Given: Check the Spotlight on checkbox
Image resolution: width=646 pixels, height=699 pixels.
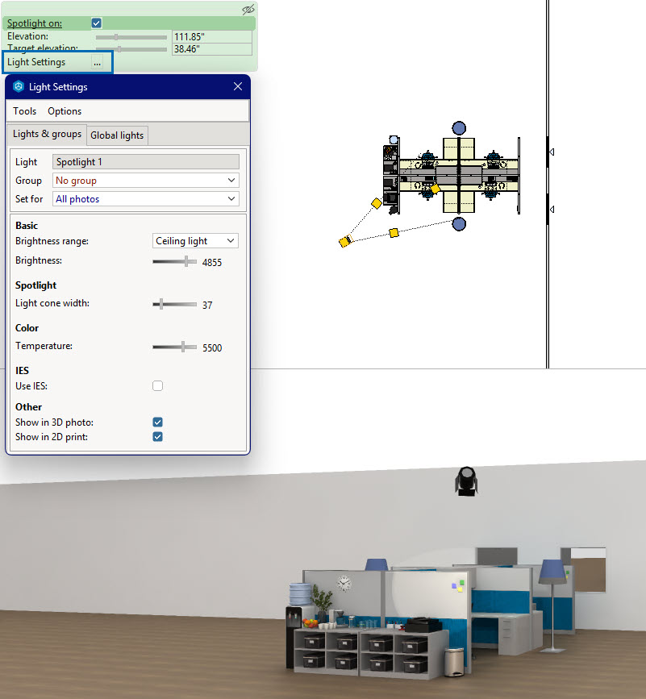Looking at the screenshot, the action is pos(96,23).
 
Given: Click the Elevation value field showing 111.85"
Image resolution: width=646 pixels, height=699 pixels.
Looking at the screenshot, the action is pos(212,36).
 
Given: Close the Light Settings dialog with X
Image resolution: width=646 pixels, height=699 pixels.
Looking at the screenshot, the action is pos(238,86).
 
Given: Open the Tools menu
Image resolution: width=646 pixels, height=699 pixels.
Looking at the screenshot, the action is pos(24,111).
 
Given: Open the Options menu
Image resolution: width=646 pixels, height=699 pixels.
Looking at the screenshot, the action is pos(65,111).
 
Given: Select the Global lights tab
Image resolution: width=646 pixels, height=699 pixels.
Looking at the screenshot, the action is pos(117,135).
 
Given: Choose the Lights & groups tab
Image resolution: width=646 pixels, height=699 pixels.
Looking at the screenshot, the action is pos(47,134).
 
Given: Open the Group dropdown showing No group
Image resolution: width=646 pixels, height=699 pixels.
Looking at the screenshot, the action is pos(146,181).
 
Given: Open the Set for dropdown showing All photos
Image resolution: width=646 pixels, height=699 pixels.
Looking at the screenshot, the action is pos(146,199).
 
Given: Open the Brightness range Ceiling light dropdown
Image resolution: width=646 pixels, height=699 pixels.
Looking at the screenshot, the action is pos(195,241).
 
